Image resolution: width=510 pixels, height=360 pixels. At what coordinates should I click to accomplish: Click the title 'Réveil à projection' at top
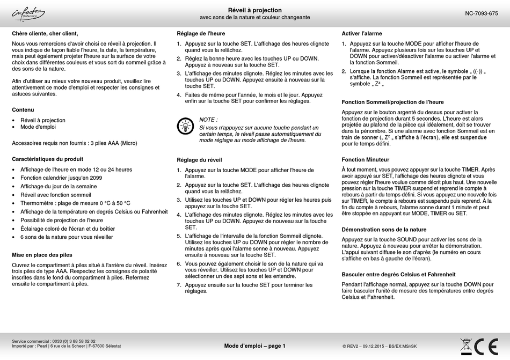pyautogui.click(x=254, y=10)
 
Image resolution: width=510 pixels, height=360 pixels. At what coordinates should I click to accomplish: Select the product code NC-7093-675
pyautogui.click(x=481, y=13)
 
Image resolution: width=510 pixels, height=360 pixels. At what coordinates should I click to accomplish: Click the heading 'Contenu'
pyautogui.click(x=23, y=109)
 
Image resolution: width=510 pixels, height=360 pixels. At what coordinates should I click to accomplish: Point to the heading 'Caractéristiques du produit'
pyautogui.click(x=47, y=159)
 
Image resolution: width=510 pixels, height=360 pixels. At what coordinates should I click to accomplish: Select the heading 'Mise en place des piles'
pyautogui.click(x=42, y=255)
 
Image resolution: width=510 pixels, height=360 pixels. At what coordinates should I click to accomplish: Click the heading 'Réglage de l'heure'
pyautogui.click(x=201, y=33)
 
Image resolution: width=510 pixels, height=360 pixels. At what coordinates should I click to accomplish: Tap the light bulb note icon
pyautogui.click(x=185, y=126)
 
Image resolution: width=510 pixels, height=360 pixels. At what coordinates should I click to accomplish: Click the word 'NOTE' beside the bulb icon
pyautogui.click(x=208, y=120)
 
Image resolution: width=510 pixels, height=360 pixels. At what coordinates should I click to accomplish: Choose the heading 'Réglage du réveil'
pyautogui.click(x=199, y=160)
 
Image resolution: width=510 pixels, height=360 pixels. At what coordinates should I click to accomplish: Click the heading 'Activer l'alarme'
pyautogui.click(x=362, y=33)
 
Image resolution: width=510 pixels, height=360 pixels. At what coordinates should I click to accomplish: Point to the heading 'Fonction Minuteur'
pyautogui.click(x=365, y=160)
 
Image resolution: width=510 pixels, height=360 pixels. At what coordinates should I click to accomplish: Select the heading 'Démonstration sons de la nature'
pyautogui.click(x=384, y=230)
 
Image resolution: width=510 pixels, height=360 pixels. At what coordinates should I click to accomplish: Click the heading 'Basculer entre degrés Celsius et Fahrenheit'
pyautogui.click(x=398, y=274)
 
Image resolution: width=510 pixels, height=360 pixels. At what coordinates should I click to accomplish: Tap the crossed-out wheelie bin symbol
pyautogui.click(x=466, y=346)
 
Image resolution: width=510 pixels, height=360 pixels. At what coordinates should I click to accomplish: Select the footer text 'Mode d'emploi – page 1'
pyautogui.click(x=254, y=346)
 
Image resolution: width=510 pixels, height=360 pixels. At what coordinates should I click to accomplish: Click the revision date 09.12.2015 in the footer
pyautogui.click(x=370, y=347)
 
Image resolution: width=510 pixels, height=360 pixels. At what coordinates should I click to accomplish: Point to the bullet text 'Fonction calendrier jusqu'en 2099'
pyautogui.click(x=61, y=178)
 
